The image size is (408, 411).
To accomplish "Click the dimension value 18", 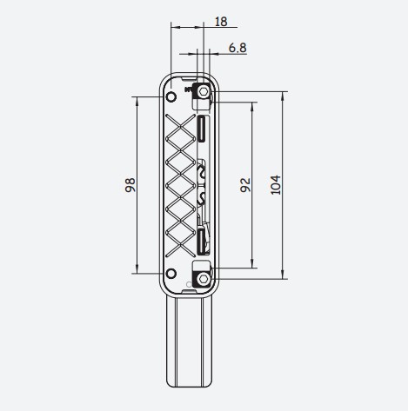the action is pos(221,22).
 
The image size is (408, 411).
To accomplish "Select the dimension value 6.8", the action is pos(237,48).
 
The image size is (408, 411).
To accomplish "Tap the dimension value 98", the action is pos(130,185).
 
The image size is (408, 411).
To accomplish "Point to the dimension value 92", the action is pos(245,185).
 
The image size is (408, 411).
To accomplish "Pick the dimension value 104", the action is pos(276,185).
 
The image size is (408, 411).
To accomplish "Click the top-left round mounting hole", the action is pos(171,96).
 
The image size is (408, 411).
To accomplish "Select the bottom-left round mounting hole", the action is pos(171,274).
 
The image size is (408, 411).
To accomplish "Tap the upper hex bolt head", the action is pos(204,92).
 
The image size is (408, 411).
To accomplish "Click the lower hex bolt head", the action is pos(204,279).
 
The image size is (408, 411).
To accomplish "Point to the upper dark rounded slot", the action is pos(202,129).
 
